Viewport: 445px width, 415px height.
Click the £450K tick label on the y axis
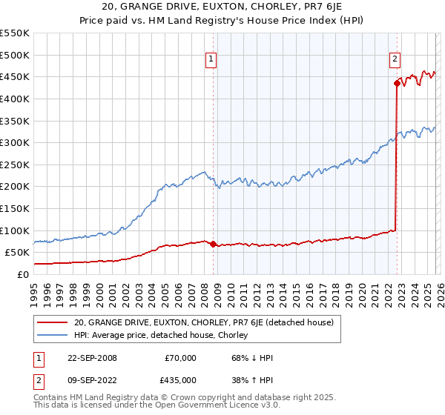(15, 76)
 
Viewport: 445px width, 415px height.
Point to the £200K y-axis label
(15, 186)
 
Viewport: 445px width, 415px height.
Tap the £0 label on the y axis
(22, 274)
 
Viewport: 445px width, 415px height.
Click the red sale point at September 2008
(213, 244)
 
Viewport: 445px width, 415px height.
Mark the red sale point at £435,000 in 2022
(397, 84)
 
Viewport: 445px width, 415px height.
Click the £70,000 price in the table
(180, 358)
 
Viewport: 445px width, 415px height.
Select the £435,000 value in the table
(180, 380)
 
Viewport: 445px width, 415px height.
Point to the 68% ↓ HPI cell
(253, 358)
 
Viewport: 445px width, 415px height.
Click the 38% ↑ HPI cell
(253, 380)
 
